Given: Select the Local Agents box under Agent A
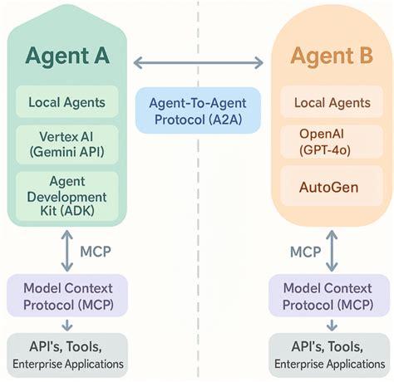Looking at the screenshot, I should (66, 103).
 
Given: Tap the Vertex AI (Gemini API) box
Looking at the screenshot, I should (66, 142).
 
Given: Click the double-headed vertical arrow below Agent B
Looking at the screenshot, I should (332, 249).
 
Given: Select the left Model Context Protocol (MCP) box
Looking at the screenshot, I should (66, 295).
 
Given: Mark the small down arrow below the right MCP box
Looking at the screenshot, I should (330, 325).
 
